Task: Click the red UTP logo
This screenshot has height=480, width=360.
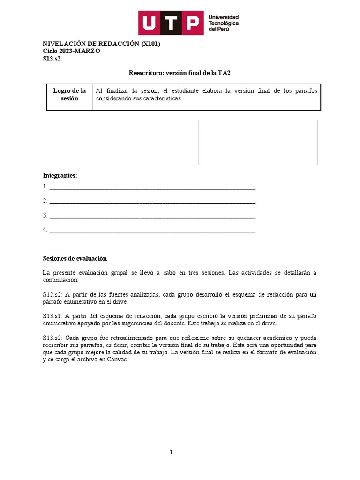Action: coord(171,23)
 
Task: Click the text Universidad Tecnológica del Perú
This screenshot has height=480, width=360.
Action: coord(224,23)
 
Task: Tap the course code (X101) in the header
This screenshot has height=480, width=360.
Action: coord(151,44)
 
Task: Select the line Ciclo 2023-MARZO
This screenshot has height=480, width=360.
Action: coord(71,51)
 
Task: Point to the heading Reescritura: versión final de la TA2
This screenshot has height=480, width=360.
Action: coord(180,73)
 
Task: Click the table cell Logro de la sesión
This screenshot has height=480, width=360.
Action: coord(69,94)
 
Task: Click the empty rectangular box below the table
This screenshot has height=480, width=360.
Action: coord(258,142)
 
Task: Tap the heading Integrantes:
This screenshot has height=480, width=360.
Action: coord(60,175)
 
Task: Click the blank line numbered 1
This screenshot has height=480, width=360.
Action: coord(152,187)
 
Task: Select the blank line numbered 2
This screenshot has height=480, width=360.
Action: coord(152,201)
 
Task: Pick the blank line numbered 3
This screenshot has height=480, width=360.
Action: coord(152,216)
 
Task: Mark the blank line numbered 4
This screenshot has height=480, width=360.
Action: coord(152,230)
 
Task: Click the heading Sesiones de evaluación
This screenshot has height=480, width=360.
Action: coord(75,258)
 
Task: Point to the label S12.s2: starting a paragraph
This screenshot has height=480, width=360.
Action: coord(52,294)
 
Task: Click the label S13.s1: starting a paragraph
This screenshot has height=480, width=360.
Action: coord(52,316)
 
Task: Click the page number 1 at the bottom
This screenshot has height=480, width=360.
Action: coord(172,452)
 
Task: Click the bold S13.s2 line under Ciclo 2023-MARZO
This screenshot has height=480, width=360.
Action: coord(52,59)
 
